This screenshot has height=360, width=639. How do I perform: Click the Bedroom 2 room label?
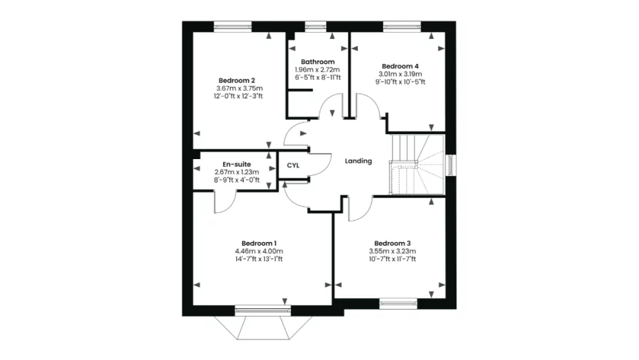(236, 80)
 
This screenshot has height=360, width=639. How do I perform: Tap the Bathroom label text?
(318, 62)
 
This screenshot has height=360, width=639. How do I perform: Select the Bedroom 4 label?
(400, 66)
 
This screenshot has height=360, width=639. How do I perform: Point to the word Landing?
(359, 161)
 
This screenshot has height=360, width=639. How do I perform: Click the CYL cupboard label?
(293, 165)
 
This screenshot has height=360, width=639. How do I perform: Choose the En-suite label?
(236, 164)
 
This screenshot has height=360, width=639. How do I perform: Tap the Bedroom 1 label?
(259, 244)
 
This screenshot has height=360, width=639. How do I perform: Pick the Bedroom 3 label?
(393, 244)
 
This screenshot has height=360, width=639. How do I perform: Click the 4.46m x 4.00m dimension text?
(259, 251)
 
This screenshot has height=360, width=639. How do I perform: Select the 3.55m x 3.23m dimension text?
(393, 251)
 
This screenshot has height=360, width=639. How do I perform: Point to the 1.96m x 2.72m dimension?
(317, 70)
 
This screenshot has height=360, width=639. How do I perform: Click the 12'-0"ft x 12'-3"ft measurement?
(238, 97)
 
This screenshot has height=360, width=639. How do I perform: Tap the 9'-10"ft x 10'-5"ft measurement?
(400, 82)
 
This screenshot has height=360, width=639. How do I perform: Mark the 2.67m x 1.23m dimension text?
(236, 172)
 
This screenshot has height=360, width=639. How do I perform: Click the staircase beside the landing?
(417, 165)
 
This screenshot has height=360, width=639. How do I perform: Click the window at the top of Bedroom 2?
(233, 26)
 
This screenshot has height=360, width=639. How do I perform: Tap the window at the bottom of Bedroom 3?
(398, 303)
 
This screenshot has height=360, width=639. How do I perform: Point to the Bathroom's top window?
(316, 26)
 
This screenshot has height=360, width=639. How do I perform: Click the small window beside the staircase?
(451, 165)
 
